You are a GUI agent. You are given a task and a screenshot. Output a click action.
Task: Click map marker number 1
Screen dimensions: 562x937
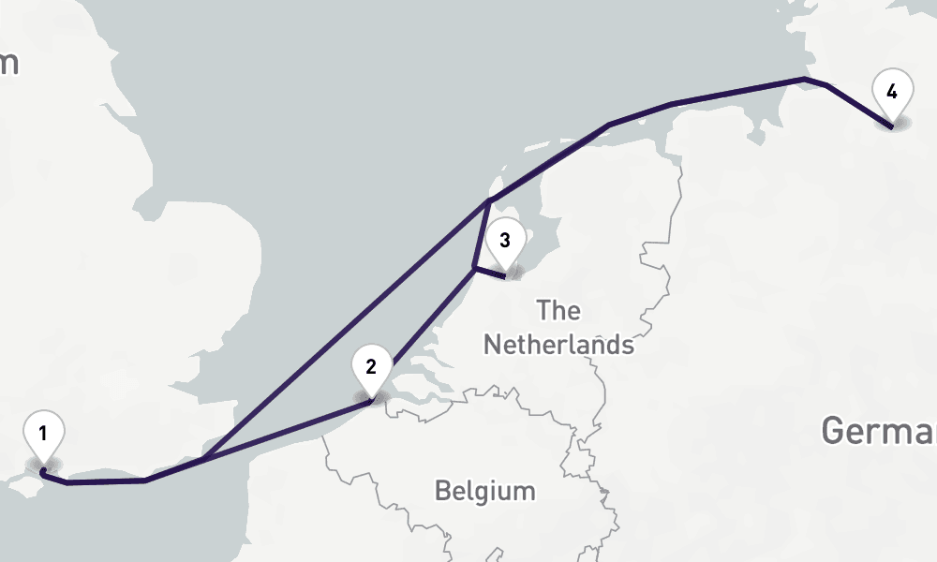coord(43,434)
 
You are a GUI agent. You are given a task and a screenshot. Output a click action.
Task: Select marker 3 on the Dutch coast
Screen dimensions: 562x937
coord(505,241)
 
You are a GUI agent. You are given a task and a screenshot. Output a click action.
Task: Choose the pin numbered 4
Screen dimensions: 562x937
coord(891,92)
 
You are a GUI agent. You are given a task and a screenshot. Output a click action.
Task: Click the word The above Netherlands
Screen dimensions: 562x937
coord(559,310)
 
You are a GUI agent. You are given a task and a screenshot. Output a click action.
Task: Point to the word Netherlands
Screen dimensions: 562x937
coord(558,344)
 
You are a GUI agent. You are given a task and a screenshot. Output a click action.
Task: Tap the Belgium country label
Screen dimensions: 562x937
coord(485,491)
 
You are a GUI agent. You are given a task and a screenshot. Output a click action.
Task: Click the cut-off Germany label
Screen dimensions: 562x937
coord(879,432)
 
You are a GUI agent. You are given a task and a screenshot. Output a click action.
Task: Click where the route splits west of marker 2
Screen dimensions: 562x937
coord(201,459)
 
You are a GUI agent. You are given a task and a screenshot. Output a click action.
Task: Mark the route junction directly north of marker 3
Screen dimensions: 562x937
coord(488,202)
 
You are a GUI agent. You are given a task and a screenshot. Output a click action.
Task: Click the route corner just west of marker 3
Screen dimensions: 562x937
coord(473,269)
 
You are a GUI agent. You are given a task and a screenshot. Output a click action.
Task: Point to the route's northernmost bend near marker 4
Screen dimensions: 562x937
coord(804,80)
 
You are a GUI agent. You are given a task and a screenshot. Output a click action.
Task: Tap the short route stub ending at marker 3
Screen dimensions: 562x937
coord(489,273)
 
